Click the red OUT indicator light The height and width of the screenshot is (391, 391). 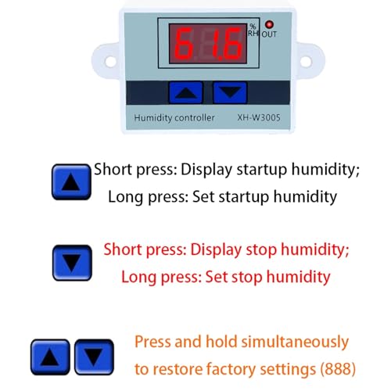[269, 24]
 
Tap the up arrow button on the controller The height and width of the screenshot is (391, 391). [186, 92]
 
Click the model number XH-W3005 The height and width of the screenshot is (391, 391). [259, 117]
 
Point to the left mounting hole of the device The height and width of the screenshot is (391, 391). [110, 62]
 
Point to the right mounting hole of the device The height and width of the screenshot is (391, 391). [306, 62]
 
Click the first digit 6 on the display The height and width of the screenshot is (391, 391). [184, 44]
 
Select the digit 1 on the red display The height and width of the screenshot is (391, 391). [217, 44]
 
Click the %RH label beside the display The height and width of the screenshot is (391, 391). [253, 30]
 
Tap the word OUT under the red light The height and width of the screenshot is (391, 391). [269, 34]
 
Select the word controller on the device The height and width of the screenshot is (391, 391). [194, 117]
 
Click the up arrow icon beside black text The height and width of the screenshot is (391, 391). [71, 182]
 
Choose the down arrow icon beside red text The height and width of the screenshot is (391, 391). [72, 263]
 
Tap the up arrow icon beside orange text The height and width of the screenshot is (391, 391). [50, 357]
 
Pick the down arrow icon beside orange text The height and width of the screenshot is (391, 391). [94, 357]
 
